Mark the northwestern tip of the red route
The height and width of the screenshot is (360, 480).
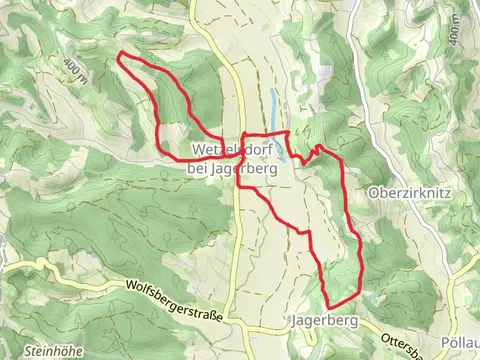click(x=120, y=53)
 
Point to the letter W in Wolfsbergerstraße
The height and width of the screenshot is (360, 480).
click(x=132, y=284)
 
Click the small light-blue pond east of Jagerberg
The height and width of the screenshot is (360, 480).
click(x=371, y=297)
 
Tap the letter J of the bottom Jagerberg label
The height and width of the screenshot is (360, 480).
click(x=291, y=322)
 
